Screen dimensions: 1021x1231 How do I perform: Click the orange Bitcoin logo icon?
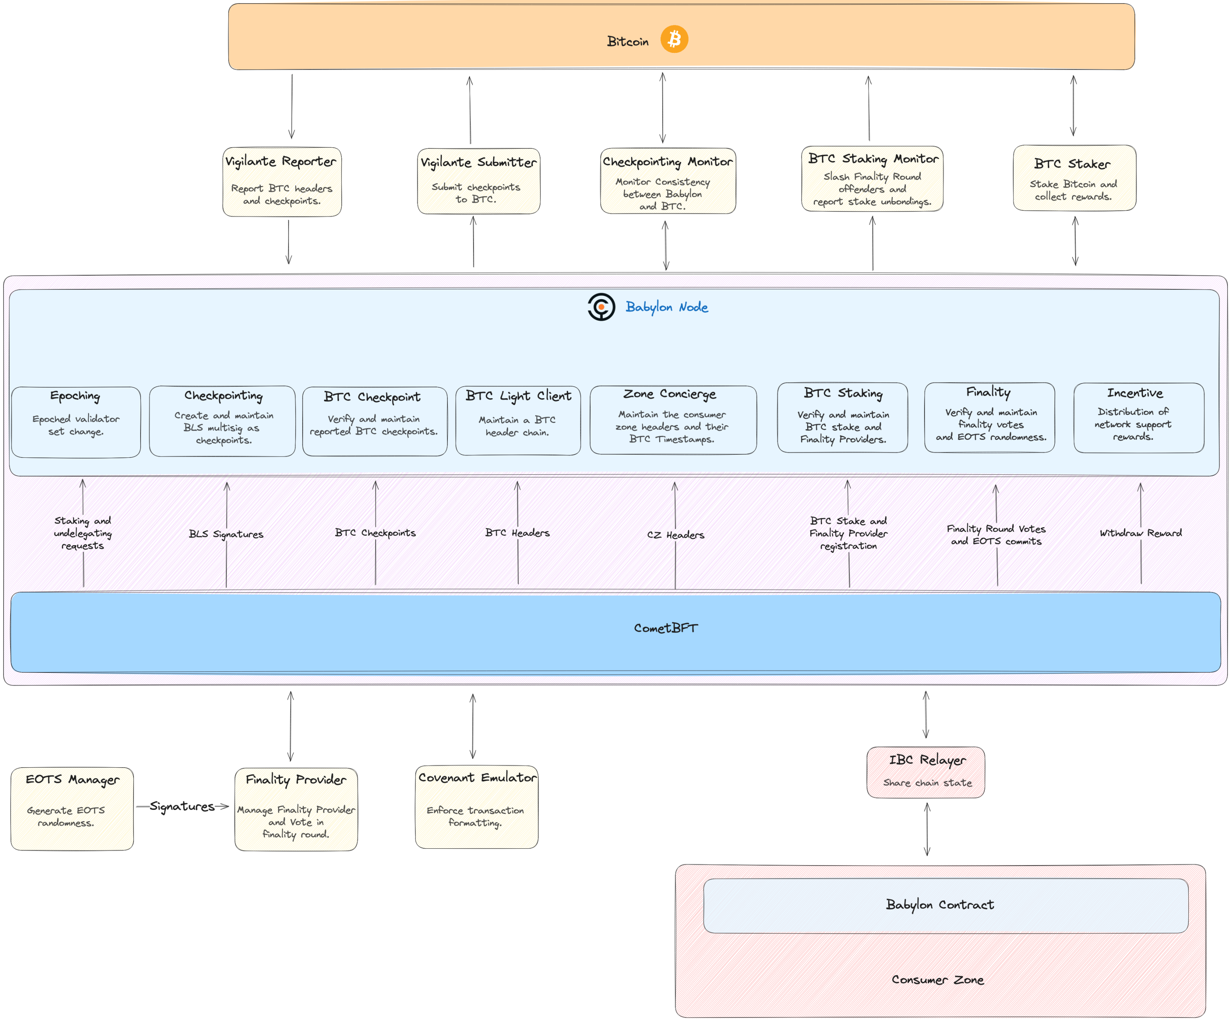tap(674, 39)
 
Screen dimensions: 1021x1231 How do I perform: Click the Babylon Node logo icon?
tap(601, 307)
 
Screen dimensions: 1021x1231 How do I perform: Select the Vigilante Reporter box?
tap(282, 182)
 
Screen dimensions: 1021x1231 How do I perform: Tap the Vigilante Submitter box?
tap(478, 181)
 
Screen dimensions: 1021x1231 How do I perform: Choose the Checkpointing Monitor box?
tap(668, 181)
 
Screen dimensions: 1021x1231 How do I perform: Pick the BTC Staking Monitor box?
tap(872, 179)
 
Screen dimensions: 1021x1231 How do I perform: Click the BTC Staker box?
tap(1074, 178)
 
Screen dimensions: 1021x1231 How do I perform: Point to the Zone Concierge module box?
tap(673, 420)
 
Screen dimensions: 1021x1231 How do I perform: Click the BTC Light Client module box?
tap(517, 421)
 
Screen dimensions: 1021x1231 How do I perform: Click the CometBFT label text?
tap(666, 628)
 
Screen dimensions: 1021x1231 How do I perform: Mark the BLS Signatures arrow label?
tap(226, 534)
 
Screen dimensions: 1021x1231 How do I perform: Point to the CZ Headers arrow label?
tap(675, 535)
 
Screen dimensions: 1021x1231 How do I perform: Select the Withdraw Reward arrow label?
tap(1140, 533)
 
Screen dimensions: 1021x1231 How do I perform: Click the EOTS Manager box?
tap(72, 809)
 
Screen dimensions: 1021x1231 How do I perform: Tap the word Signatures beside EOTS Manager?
tap(182, 806)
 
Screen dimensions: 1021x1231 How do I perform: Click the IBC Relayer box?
tap(926, 772)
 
